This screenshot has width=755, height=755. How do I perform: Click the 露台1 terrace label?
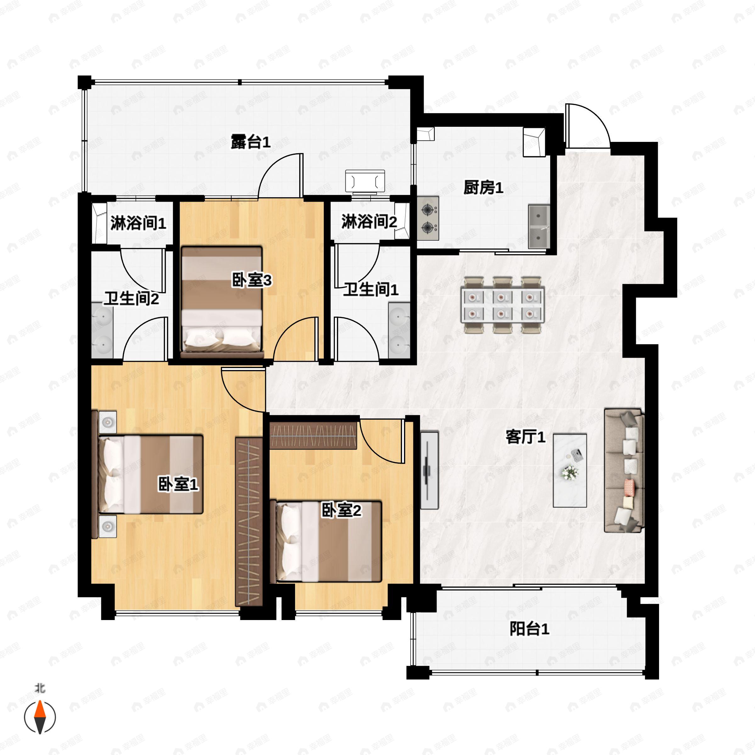pyautogui.click(x=250, y=142)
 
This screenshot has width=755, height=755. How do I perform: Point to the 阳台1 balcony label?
pyautogui.click(x=529, y=629)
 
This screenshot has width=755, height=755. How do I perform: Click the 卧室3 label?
pyautogui.click(x=252, y=280)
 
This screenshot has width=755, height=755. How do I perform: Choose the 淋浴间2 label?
pyautogui.click(x=369, y=221)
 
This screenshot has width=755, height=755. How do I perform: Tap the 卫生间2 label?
pyautogui.click(x=131, y=299)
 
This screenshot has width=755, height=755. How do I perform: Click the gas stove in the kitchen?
pyautogui.click(x=428, y=218)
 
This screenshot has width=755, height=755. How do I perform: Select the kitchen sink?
pyautogui.click(x=539, y=226)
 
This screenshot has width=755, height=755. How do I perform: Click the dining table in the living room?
pyautogui.click(x=503, y=305)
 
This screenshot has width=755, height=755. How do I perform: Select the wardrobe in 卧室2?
pyautogui.click(x=313, y=435)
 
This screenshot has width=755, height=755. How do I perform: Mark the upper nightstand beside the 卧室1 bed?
pyautogui.click(x=108, y=422)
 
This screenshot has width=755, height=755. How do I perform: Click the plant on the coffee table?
pyautogui.click(x=570, y=473)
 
